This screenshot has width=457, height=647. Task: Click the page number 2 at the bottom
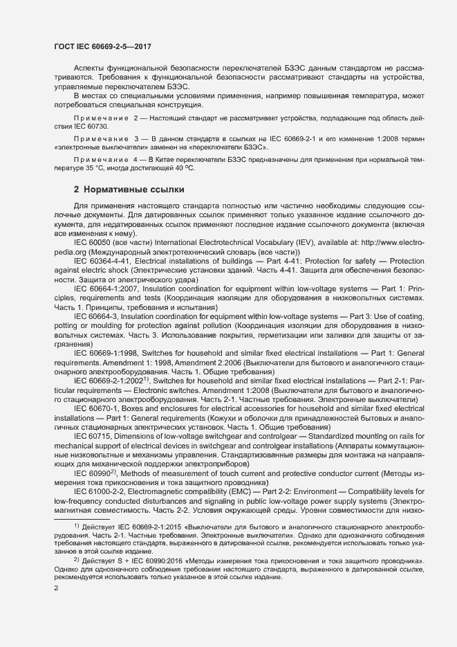coord(56,588)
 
